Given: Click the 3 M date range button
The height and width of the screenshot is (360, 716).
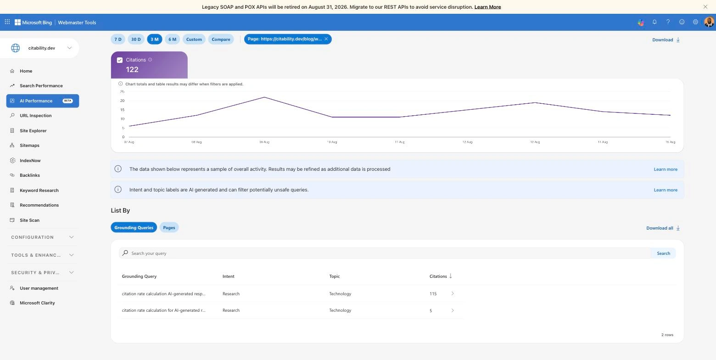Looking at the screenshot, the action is click(154, 39).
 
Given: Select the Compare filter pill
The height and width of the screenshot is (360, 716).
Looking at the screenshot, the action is click(221, 39).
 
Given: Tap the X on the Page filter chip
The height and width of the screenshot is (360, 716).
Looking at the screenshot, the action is click(326, 39).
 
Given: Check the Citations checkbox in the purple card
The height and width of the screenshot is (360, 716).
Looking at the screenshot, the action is click(120, 60).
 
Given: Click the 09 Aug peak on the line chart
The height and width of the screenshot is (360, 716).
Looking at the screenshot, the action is click(264, 97).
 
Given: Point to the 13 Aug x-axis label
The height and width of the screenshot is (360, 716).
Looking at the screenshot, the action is click(535, 142).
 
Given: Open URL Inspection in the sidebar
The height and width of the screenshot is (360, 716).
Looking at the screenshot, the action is click(35, 115).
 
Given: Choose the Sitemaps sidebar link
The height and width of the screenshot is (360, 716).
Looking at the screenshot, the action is click(29, 145).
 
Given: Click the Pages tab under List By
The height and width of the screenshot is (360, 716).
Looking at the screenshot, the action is click(169, 228).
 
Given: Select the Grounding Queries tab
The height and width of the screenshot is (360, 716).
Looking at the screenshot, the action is click(134, 228).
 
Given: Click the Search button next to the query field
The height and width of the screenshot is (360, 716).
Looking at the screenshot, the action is click(663, 253).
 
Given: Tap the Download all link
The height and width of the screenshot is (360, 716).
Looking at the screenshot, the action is click(663, 228).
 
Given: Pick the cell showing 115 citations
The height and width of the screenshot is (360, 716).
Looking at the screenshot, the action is click(433, 293).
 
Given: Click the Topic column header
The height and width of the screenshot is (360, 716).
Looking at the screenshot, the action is click(334, 276).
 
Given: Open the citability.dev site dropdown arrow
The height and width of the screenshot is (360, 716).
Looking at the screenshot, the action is click(69, 48).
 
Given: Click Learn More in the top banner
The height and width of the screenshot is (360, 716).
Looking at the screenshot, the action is click(487, 7).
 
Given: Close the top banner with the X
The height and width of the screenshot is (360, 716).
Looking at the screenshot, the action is click(705, 7).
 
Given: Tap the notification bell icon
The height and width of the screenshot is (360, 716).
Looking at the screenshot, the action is click(654, 22).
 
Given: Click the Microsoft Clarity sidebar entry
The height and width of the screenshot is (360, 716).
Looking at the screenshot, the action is click(37, 303).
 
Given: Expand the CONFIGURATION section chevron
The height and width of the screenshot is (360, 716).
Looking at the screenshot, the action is click(71, 237).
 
